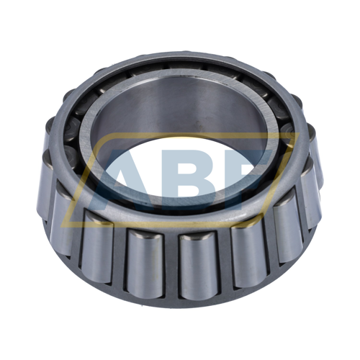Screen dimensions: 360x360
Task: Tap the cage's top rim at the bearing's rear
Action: pos(180,58)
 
